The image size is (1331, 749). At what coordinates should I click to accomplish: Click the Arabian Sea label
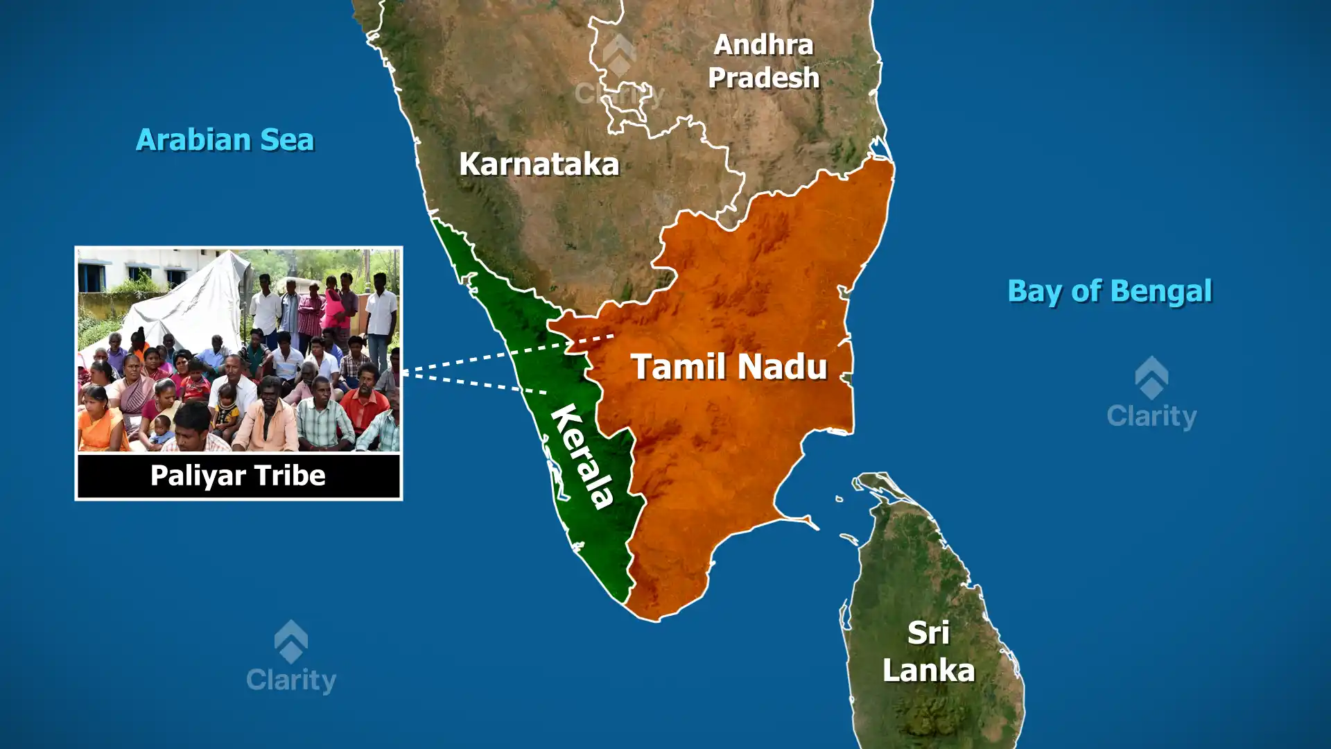(x=225, y=140)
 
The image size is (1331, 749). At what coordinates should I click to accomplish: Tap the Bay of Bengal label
(x=1109, y=291)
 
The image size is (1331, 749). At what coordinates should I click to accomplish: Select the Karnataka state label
(x=539, y=164)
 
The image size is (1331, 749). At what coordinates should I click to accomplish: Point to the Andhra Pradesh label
(x=763, y=61)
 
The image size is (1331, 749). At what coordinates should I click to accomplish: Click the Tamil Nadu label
(x=729, y=367)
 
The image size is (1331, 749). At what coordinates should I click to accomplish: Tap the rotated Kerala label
(x=582, y=455)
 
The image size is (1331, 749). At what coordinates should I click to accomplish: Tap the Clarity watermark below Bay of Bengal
(x=1151, y=395)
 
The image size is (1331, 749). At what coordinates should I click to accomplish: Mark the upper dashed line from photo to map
(x=506, y=354)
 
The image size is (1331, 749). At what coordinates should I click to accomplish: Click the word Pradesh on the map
(x=763, y=78)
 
